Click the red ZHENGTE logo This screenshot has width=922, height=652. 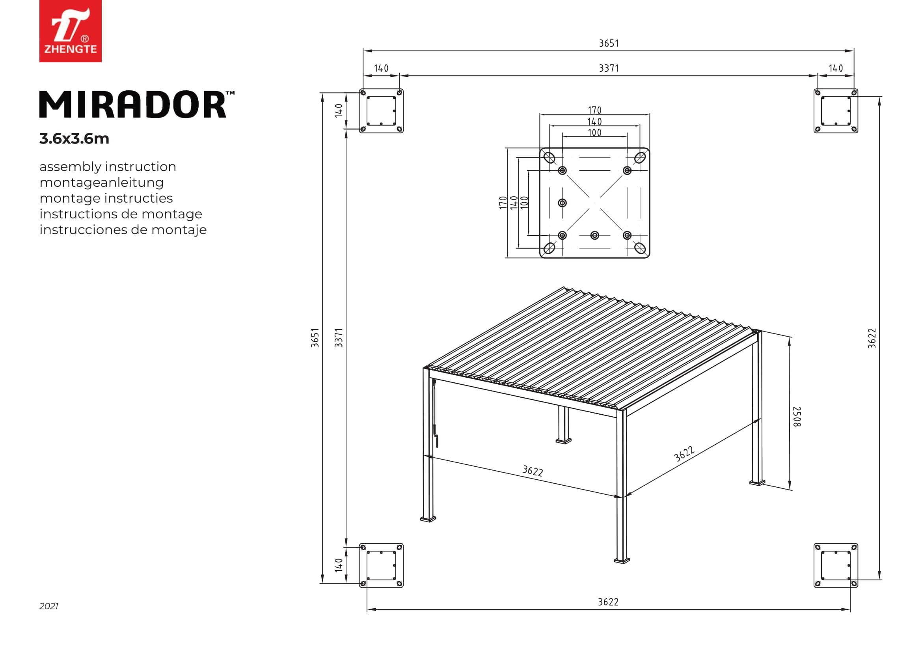(x=70, y=31)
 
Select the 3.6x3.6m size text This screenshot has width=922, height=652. (x=74, y=138)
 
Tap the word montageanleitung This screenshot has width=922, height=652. (x=102, y=182)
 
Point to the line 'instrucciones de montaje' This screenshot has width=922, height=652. (x=123, y=230)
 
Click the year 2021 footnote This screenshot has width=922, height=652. (x=48, y=606)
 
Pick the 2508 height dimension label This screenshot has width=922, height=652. (x=797, y=416)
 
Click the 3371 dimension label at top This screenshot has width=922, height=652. (x=609, y=68)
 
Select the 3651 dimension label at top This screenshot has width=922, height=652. (x=609, y=43)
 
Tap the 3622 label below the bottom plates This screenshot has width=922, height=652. (x=608, y=602)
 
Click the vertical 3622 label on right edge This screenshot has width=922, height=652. (x=872, y=338)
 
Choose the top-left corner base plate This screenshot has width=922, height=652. (x=381, y=111)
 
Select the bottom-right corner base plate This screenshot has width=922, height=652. (x=836, y=565)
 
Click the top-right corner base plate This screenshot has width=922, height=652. (x=836, y=111)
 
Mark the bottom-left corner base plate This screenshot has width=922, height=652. (x=381, y=565)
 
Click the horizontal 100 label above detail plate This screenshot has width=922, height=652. (x=594, y=133)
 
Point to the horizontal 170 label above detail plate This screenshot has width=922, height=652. (x=594, y=110)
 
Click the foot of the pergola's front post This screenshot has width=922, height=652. (x=622, y=560)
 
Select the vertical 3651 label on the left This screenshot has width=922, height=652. (x=315, y=338)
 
